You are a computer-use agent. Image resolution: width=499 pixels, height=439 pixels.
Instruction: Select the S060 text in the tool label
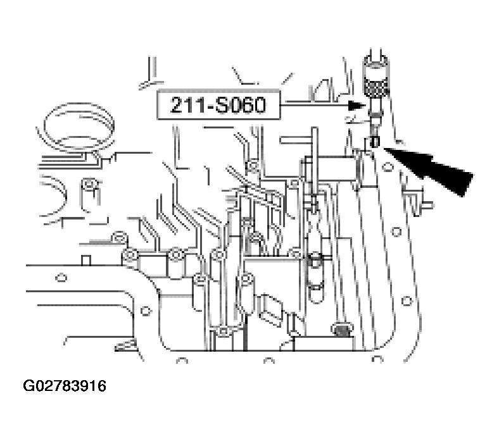point(240,105)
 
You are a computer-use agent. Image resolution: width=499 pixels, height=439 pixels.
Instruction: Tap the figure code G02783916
point(65,386)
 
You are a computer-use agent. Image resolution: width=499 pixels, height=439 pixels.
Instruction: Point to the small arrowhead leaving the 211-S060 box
point(357,106)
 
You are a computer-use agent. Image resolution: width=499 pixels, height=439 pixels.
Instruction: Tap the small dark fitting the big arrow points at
point(376,142)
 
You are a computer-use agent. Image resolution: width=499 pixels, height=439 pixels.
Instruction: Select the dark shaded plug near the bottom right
point(341,331)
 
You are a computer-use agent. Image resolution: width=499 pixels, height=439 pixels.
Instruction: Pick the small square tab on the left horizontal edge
point(86,260)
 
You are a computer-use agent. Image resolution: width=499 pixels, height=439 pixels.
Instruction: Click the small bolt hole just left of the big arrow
point(388,166)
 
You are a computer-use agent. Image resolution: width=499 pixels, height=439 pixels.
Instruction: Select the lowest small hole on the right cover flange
point(407,300)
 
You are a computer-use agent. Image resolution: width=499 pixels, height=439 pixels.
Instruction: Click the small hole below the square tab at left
point(61,278)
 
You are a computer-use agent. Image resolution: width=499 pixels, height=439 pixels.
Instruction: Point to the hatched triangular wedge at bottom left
point(124,345)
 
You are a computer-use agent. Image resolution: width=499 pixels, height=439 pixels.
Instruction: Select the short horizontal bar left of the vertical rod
point(295,140)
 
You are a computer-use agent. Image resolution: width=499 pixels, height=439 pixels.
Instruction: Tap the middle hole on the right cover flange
point(396,232)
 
